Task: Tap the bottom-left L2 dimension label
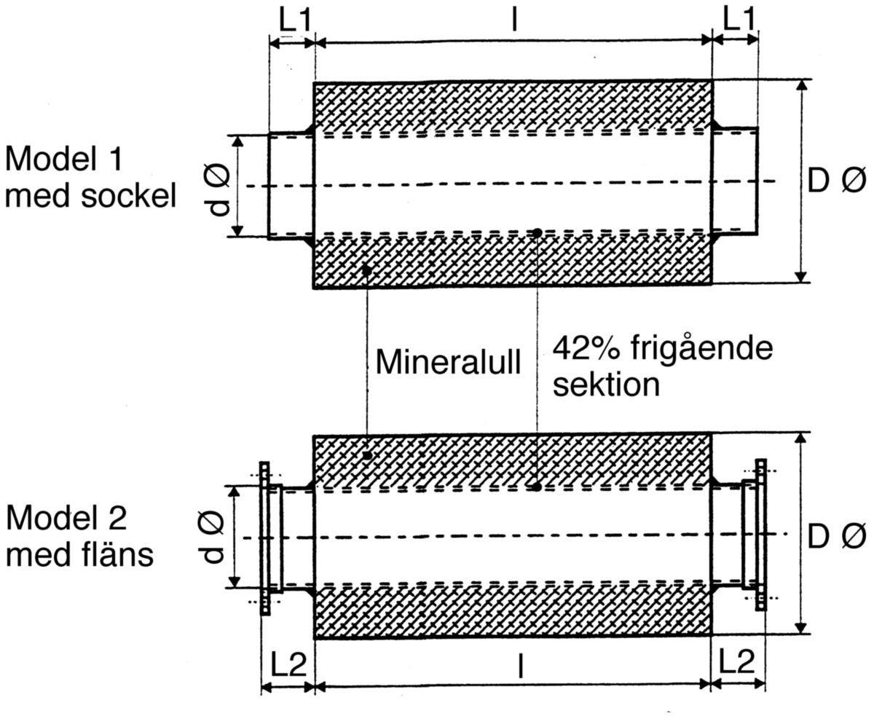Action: coord(289,663)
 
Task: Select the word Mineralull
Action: coord(449,362)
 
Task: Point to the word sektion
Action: coord(606,384)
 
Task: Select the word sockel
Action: coord(128,195)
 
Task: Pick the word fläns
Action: coord(117,554)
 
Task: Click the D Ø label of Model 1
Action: coord(837,181)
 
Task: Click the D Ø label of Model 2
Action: coord(837,536)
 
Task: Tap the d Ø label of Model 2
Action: coord(213,538)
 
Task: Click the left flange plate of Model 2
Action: coord(264,538)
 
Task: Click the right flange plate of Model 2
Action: coord(761,535)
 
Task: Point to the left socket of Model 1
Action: coord(291,186)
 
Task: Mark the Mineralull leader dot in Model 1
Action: coord(366,270)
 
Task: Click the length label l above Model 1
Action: coord(514,20)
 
